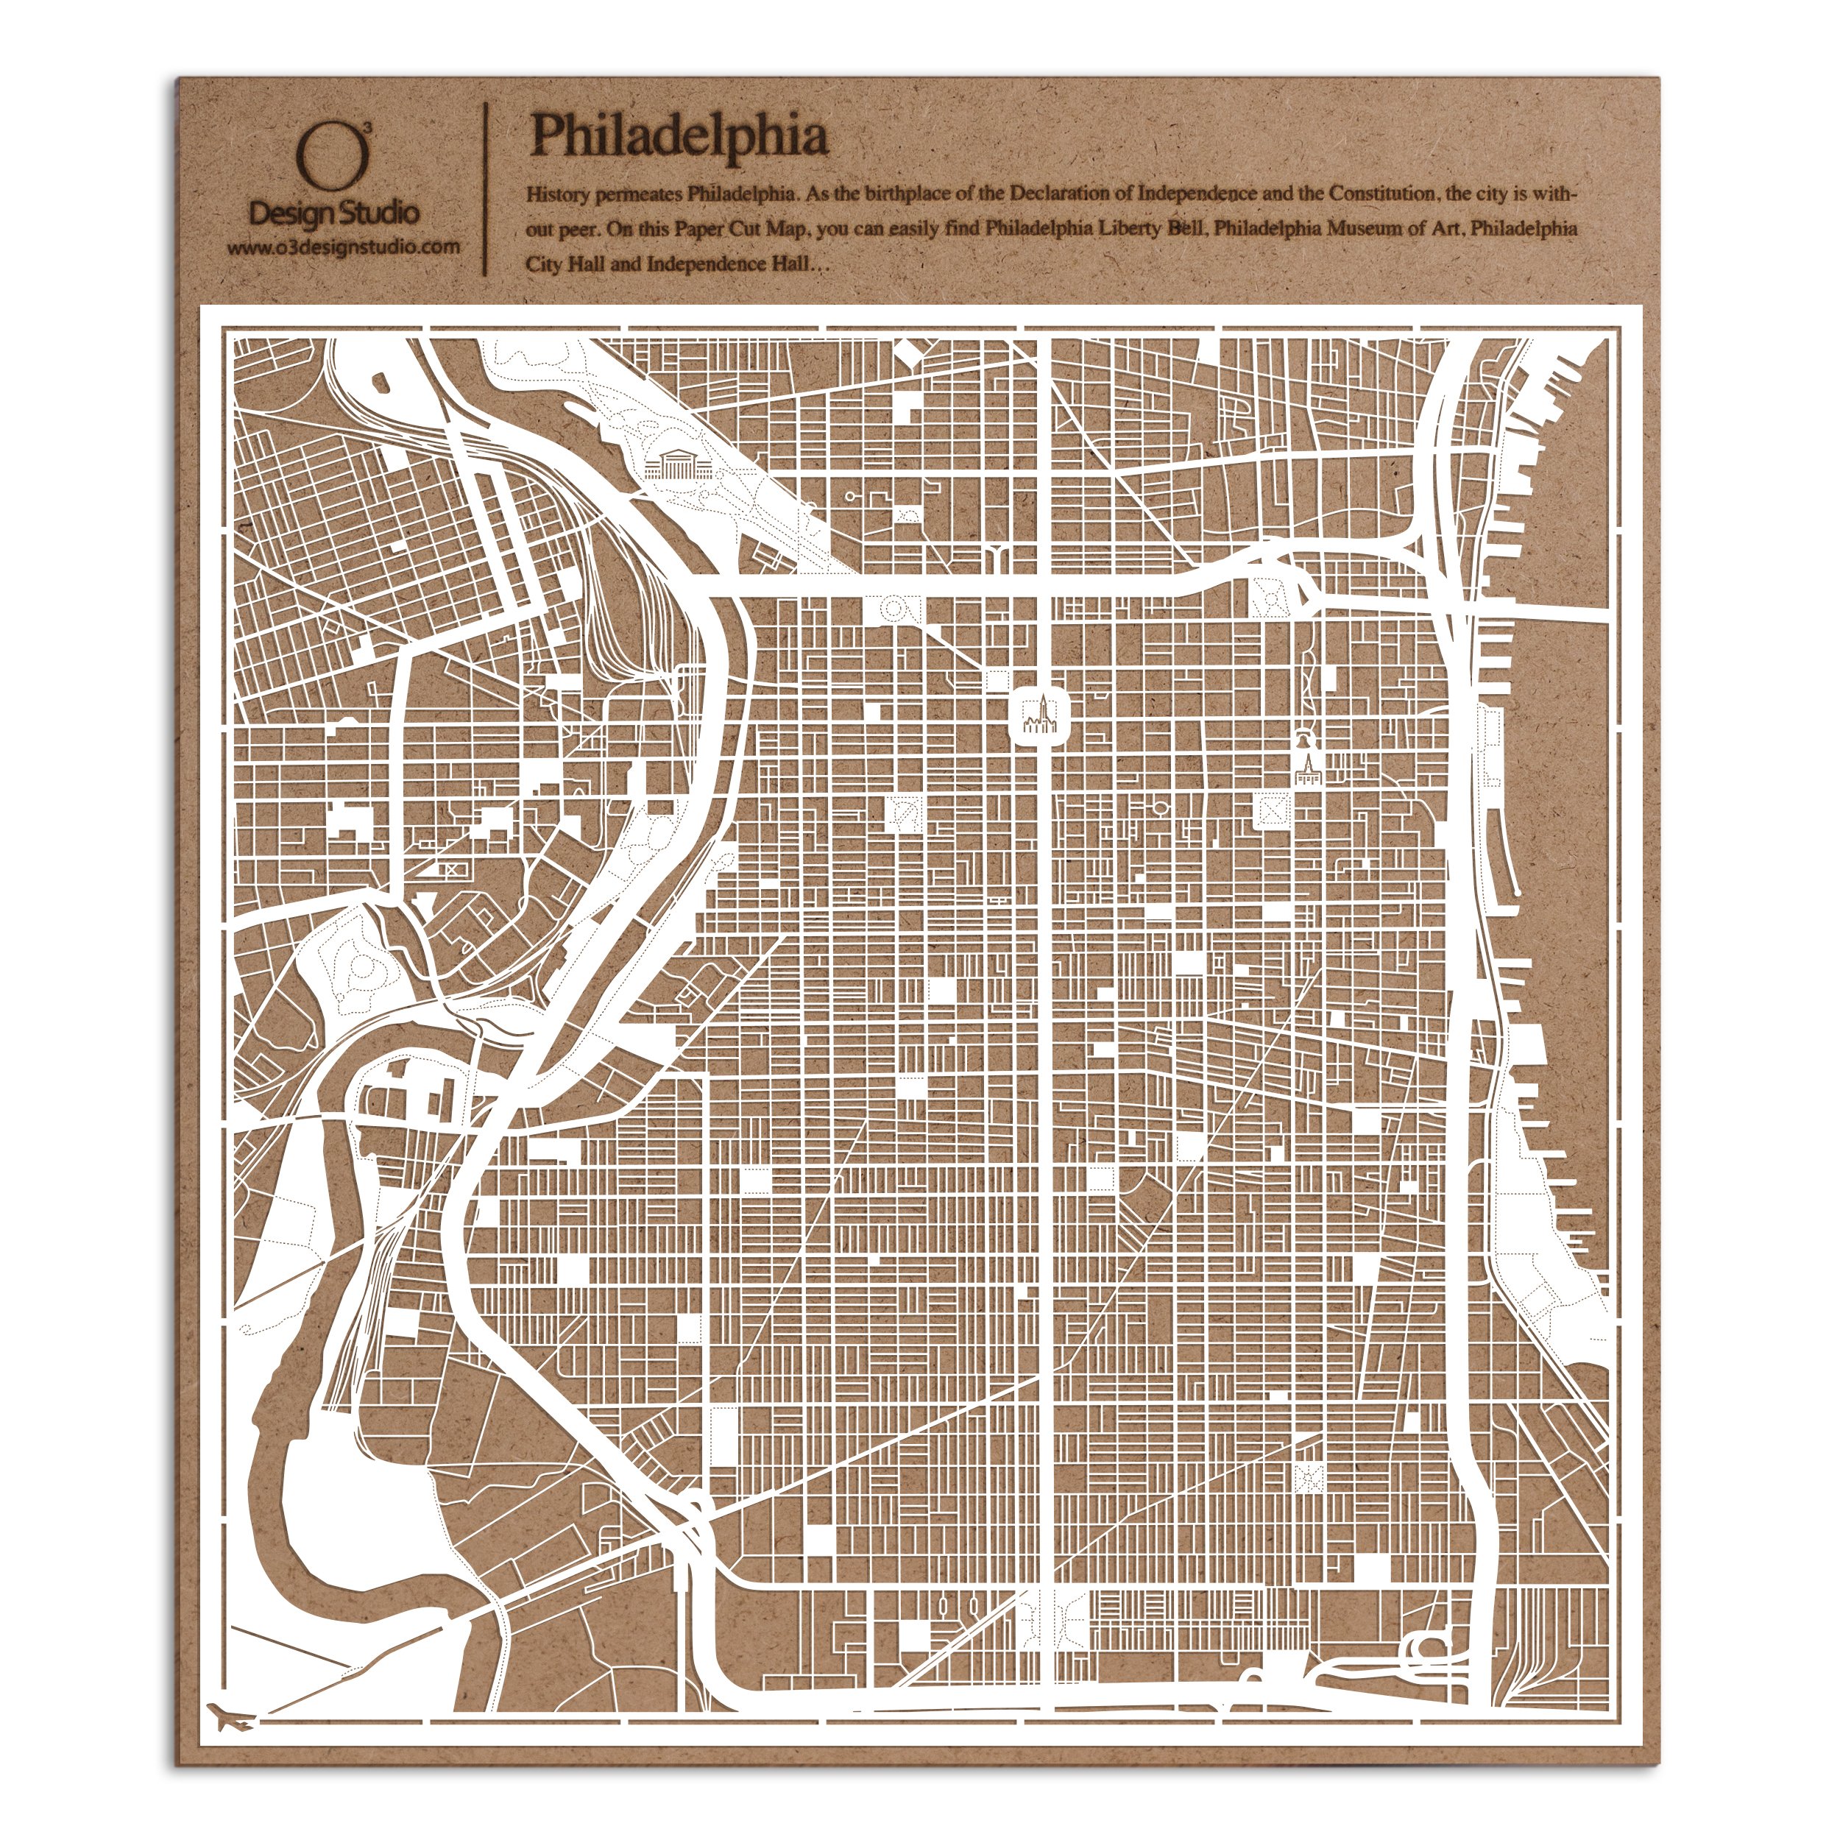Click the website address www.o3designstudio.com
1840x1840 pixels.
pyautogui.click(x=344, y=247)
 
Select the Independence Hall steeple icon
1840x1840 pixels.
pyautogui.click(x=1308, y=770)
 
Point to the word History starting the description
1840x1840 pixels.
pyautogui.click(x=558, y=195)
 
